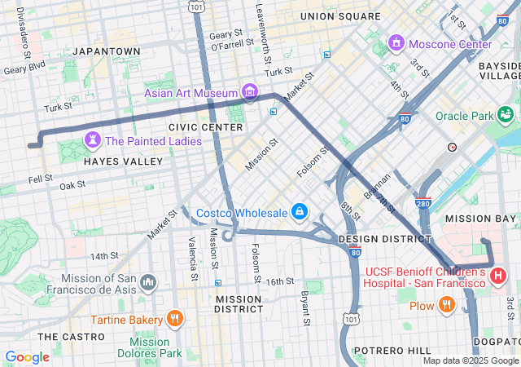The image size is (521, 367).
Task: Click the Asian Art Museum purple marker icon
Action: (x=250, y=92)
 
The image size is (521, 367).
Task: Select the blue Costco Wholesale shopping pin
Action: (x=300, y=212)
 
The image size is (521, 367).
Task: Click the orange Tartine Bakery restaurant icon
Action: (x=173, y=318)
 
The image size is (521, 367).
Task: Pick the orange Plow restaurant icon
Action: (x=445, y=305)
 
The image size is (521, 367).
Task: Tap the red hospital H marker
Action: (x=499, y=276)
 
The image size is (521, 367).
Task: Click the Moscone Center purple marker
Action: (x=396, y=42)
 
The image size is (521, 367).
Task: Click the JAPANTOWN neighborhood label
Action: (x=107, y=51)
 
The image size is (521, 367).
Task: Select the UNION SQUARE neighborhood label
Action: (x=339, y=16)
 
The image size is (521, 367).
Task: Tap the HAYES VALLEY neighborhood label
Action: (x=124, y=161)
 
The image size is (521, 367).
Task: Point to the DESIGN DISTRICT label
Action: (x=384, y=239)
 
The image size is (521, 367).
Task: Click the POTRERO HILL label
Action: (x=396, y=350)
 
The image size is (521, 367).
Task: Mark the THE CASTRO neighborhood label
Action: (x=69, y=336)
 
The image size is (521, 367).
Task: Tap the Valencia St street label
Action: (x=192, y=252)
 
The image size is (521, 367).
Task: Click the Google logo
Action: (x=28, y=357)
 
